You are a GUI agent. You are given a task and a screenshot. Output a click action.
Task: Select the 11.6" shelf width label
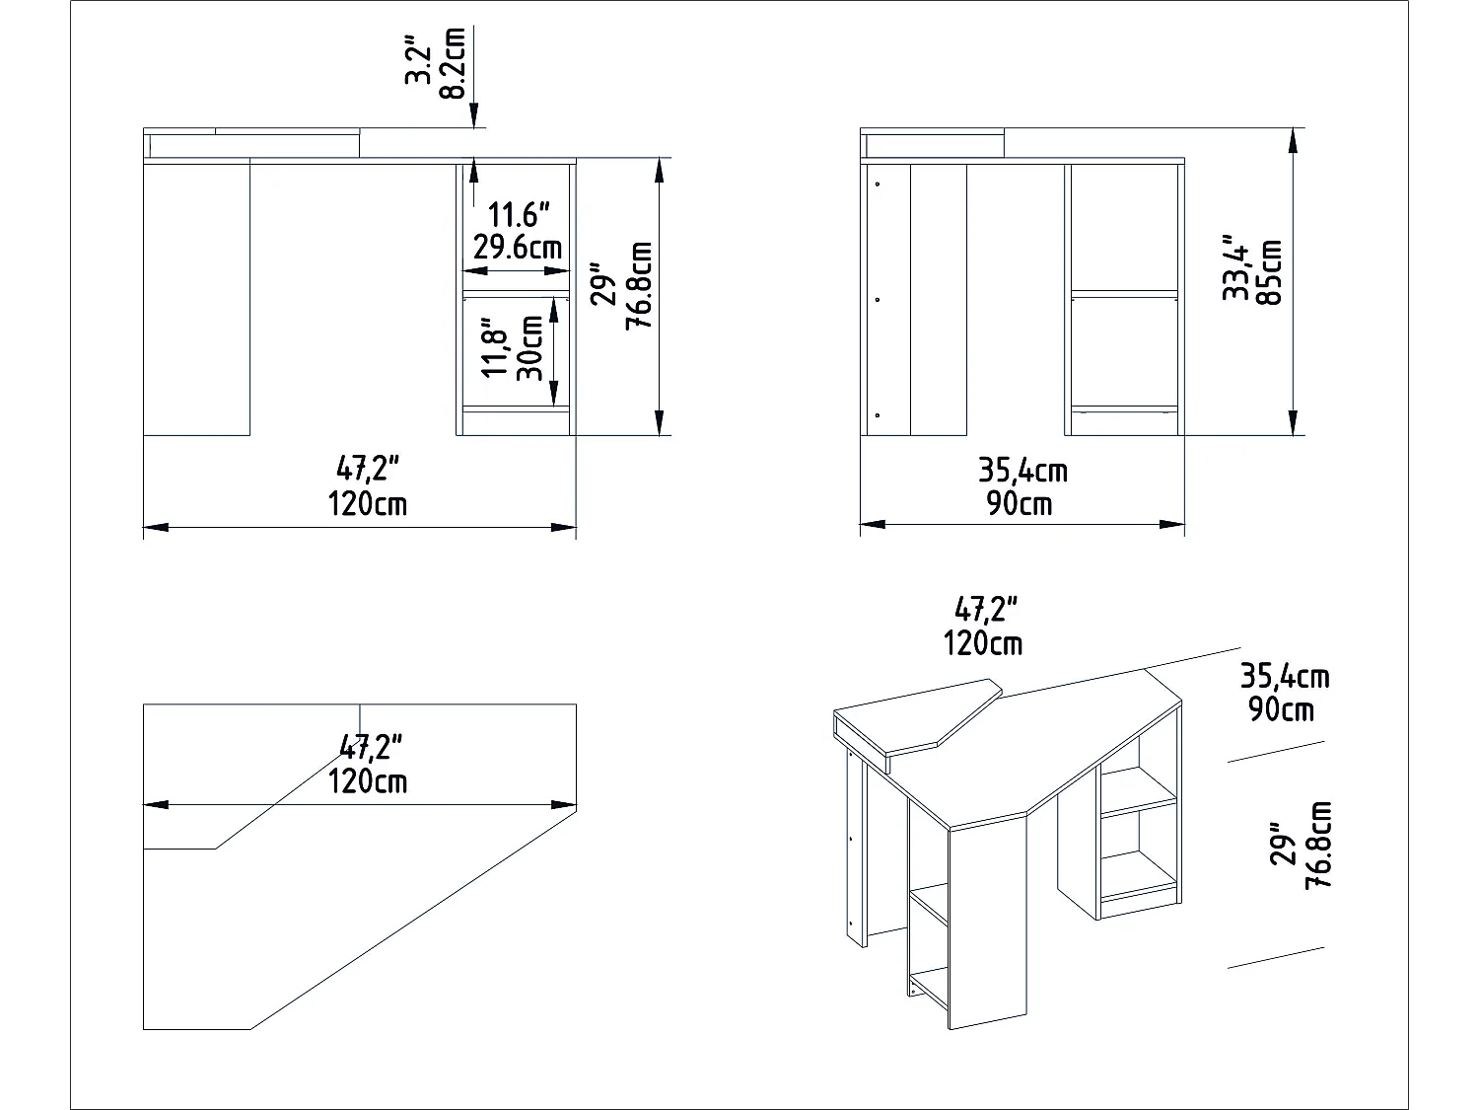tap(519, 213)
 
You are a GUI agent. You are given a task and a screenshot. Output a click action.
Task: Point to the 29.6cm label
tap(519, 246)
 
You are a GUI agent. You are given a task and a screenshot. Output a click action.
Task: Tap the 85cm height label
tap(1269, 271)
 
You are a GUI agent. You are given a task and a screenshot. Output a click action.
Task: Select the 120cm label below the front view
tap(367, 504)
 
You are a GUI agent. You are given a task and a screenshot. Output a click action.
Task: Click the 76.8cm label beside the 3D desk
tap(1318, 846)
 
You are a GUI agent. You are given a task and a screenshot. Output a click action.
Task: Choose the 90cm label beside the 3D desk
tap(1281, 708)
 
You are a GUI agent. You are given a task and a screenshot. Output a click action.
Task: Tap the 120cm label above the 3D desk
tap(982, 644)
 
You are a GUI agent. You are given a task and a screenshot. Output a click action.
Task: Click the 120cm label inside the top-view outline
tap(367, 781)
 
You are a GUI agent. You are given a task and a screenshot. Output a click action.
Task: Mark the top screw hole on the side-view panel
tap(877, 183)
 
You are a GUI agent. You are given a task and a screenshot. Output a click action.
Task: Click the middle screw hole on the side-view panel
tap(877, 299)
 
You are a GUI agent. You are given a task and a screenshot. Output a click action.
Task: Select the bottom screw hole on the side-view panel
tap(877, 415)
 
